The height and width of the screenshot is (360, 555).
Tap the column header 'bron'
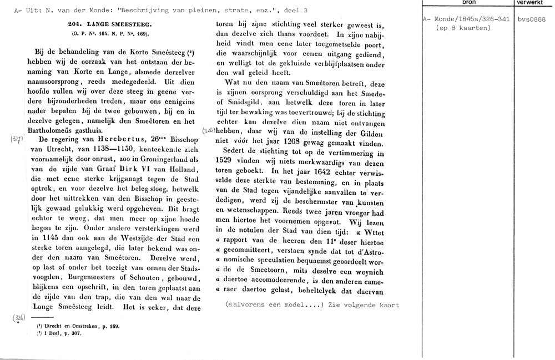(x=468, y=3)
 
